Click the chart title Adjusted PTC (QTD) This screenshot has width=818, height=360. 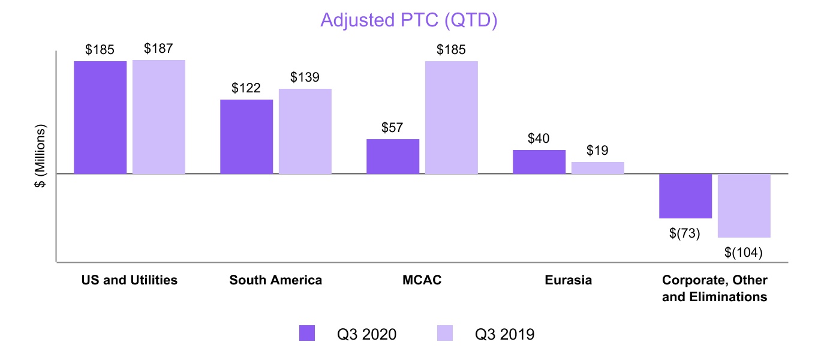(x=409, y=20)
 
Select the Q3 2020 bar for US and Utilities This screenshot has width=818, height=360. (x=100, y=117)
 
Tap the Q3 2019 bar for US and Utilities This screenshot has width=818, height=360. (x=159, y=117)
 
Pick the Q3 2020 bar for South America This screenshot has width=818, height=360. (x=246, y=136)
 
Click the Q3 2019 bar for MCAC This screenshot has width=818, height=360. (x=452, y=117)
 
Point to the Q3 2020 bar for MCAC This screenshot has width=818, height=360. (x=393, y=156)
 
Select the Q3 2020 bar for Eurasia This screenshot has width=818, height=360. (x=539, y=161)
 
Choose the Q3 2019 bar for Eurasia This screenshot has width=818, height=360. (x=598, y=168)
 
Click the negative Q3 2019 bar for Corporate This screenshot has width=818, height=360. (x=744, y=206)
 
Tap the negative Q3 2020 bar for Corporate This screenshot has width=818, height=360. (x=685, y=196)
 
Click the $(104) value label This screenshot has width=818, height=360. (x=744, y=253)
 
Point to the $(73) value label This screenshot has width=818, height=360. (x=685, y=233)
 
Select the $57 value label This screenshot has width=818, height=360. (x=393, y=127)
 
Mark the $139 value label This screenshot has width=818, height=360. (x=305, y=77)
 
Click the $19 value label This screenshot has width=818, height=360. (x=597, y=151)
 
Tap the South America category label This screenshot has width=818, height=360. (x=276, y=280)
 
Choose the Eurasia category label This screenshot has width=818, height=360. (x=569, y=280)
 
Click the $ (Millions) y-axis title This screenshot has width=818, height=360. (x=40, y=157)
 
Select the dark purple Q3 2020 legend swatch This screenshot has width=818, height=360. (x=307, y=333)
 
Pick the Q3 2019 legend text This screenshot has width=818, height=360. (x=505, y=334)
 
